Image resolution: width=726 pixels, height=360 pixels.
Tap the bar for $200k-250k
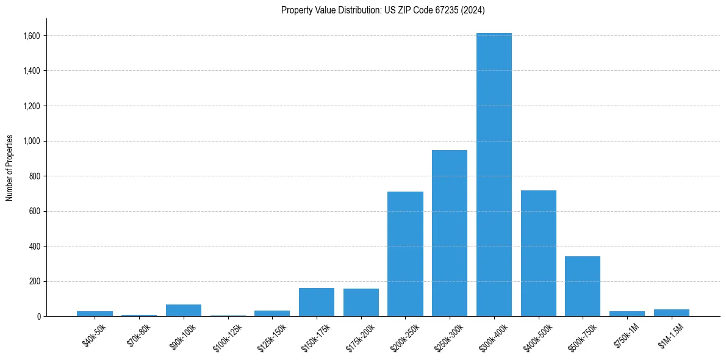tap(405, 254)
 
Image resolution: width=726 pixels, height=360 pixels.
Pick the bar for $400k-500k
tap(538, 253)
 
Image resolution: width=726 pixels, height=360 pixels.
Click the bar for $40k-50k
tap(95, 314)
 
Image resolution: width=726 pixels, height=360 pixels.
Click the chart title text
tap(383, 10)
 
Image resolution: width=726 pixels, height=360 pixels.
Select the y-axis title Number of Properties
tap(10, 168)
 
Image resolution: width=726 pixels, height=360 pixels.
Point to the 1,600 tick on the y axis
tap(31, 36)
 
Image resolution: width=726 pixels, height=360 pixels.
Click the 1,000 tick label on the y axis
tap(31, 141)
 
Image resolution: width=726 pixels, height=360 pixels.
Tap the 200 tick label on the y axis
tap(34, 281)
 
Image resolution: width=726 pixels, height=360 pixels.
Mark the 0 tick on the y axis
tap(38, 317)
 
